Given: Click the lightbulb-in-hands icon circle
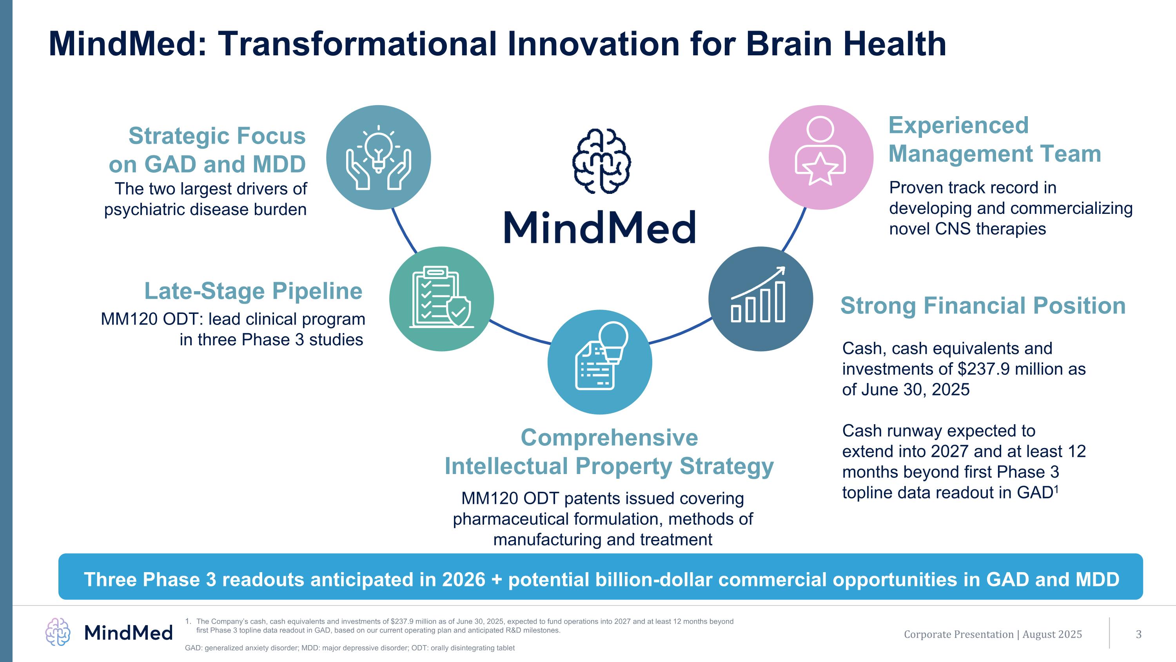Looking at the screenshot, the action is (378, 158).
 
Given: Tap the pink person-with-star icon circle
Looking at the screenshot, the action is (821, 158).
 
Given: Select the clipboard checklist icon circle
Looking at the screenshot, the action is (441, 299).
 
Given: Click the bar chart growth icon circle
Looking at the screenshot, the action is (760, 299).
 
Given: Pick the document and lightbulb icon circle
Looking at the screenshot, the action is (600, 362).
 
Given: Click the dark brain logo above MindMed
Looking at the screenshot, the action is (601, 161).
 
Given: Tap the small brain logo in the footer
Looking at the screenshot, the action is (58, 632).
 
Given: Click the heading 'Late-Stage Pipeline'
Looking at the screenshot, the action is (253, 291).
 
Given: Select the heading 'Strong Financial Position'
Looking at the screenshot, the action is (983, 306).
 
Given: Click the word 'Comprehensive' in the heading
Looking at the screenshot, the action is (610, 438).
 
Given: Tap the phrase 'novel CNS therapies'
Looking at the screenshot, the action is (967, 229).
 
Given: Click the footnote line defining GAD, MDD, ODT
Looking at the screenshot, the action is (350, 648).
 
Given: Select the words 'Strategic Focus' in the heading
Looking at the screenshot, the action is (217, 136).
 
